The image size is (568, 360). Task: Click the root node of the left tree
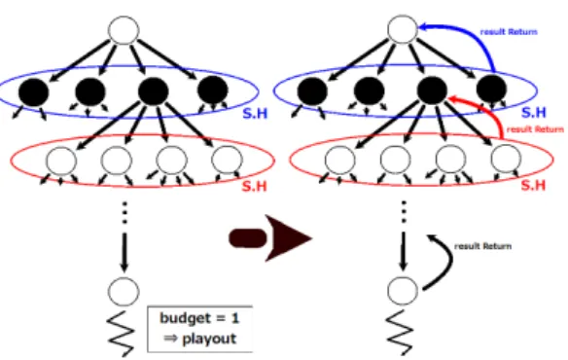[124, 30]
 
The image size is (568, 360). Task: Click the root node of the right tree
[403, 30]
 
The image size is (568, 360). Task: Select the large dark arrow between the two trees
[270, 238]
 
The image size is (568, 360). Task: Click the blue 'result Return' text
[509, 32]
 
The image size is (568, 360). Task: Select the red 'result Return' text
[535, 129]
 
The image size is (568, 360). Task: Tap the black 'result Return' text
[482, 246]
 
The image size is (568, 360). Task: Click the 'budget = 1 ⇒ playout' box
[199, 329]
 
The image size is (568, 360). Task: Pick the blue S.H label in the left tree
[255, 114]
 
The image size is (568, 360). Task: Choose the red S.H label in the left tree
[254, 186]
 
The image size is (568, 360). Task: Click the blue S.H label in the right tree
[534, 113]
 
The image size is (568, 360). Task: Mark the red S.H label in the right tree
[533, 185]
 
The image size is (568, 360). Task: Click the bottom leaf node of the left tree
[124, 292]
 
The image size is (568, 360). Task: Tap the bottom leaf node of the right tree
[403, 291]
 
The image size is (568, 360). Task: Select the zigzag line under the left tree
[122, 333]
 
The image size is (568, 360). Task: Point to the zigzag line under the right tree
[400, 332]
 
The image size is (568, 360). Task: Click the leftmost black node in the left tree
[33, 91]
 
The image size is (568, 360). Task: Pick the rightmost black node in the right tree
[491, 90]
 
